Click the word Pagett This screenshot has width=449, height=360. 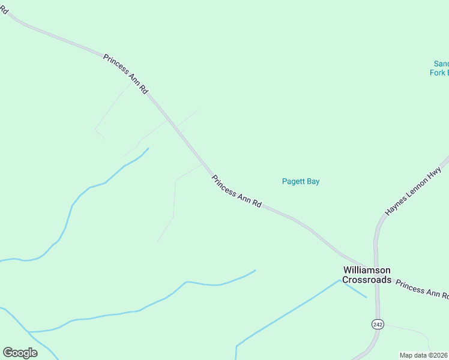[294, 182]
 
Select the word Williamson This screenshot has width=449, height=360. [367, 271]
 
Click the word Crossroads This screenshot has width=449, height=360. [367, 280]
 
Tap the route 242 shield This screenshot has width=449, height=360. [377, 324]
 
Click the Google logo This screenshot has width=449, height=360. [20, 352]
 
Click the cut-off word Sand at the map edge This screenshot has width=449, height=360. [441, 64]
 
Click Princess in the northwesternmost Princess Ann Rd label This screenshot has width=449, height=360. [115, 64]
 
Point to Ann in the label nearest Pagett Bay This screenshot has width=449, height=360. [245, 198]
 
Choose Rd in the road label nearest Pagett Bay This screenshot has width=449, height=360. [257, 204]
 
